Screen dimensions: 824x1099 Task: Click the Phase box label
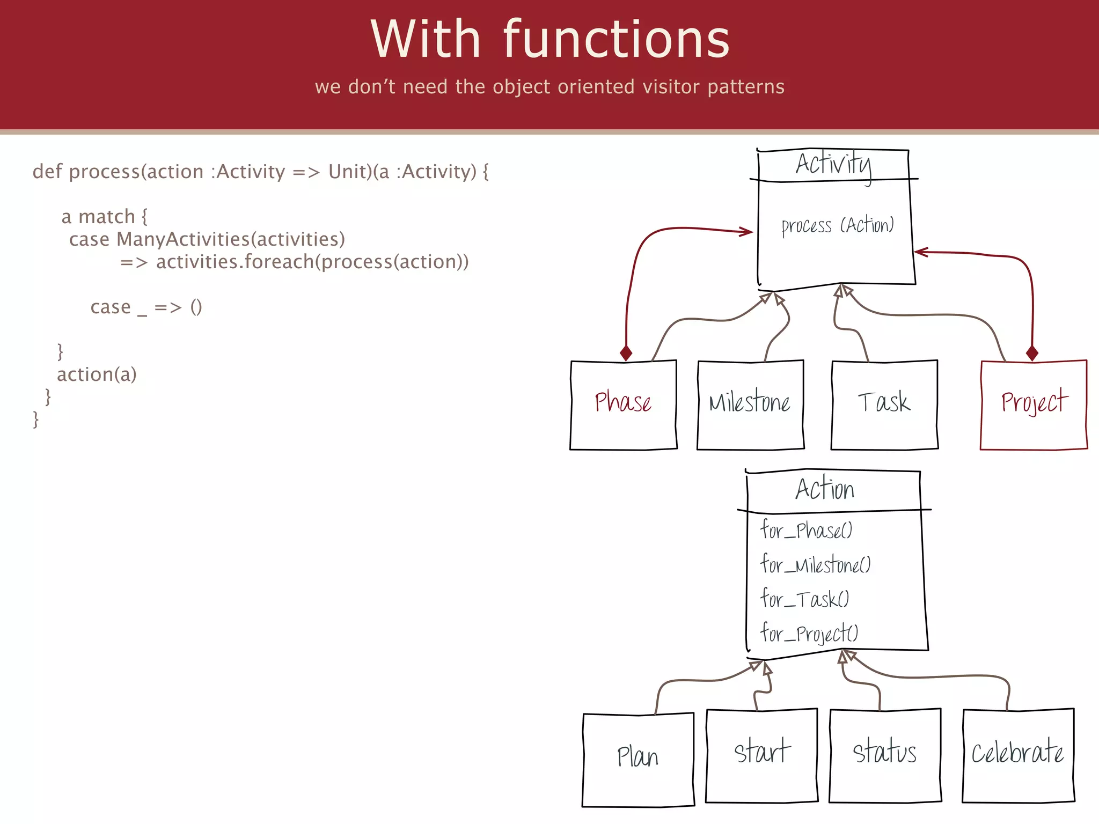pyautogui.click(x=623, y=402)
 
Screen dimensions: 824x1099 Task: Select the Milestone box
pyautogui.click(x=750, y=404)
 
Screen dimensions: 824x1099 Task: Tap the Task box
pyautogui.click(x=884, y=404)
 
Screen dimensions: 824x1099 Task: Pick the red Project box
pyautogui.click(x=1033, y=404)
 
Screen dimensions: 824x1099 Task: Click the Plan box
pyautogui.click(x=638, y=759)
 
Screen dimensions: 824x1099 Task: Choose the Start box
pyautogui.click(x=761, y=754)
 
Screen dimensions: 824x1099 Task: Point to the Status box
pyautogui.click(x=884, y=754)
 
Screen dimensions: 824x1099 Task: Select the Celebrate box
pyautogui.click(x=1017, y=754)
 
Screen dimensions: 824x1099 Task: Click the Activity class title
pyautogui.click(x=833, y=164)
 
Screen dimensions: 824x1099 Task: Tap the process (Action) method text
pyautogui.click(x=837, y=226)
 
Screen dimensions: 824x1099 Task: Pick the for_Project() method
pyautogui.click(x=809, y=634)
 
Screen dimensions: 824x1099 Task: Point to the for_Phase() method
pyautogui.click(x=806, y=531)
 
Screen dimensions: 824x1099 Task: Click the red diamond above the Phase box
pyautogui.click(x=626, y=353)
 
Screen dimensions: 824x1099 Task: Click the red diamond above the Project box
pyautogui.click(x=1031, y=353)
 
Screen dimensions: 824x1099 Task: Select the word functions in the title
pyautogui.click(x=616, y=40)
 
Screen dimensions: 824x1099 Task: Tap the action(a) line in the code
pyautogui.click(x=97, y=374)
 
